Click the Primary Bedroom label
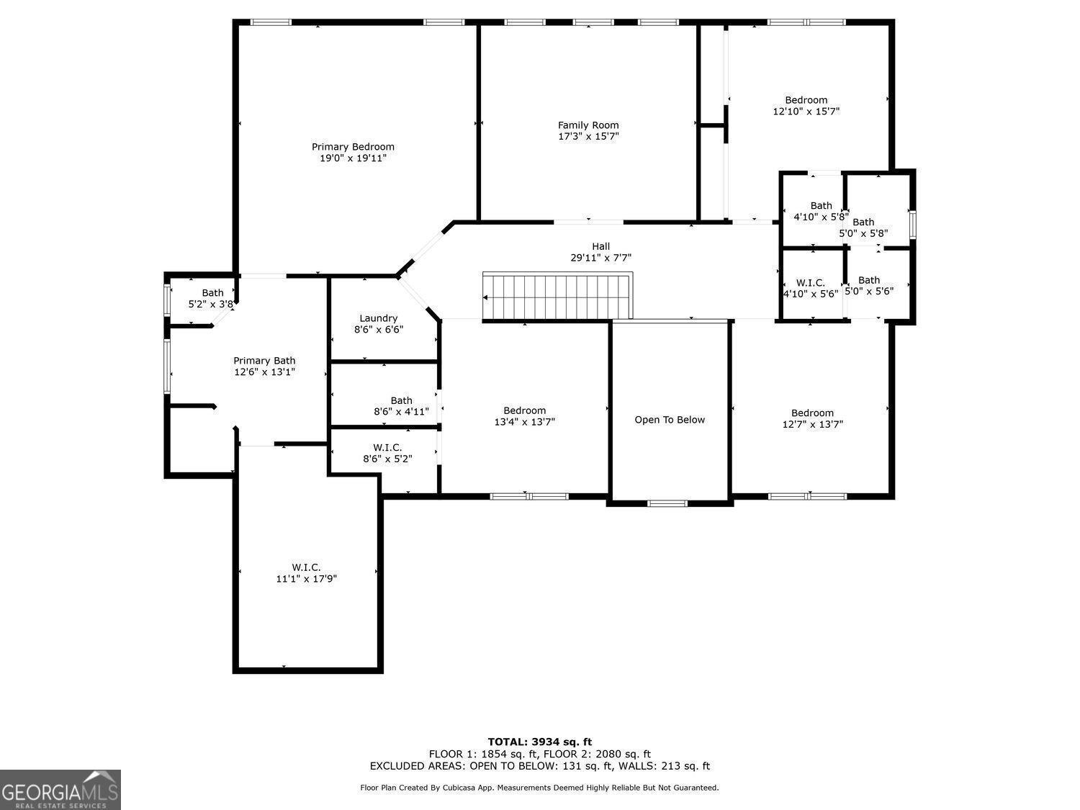tap(353, 147)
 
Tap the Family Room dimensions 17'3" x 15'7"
tap(588, 136)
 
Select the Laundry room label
tap(378, 318)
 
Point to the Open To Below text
tap(669, 420)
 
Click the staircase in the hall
tap(557, 296)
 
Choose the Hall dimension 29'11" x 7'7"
tap(600, 258)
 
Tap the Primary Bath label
tap(264, 361)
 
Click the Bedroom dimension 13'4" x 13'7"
tap(524, 421)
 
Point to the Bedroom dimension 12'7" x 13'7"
tap(812, 424)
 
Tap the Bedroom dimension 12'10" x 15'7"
tap(806, 111)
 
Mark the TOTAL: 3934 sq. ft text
tap(540, 742)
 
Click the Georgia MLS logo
tap(60, 790)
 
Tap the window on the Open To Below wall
tap(667, 503)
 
